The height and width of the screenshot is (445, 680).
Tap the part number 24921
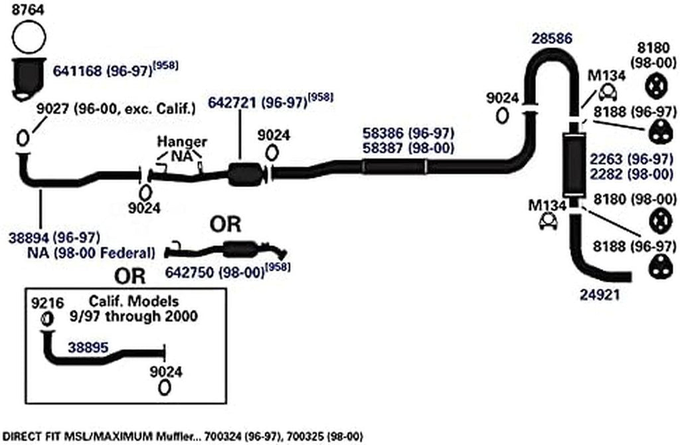click(x=599, y=293)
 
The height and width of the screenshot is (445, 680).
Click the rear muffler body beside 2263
click(x=571, y=162)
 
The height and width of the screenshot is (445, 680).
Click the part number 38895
click(x=88, y=347)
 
